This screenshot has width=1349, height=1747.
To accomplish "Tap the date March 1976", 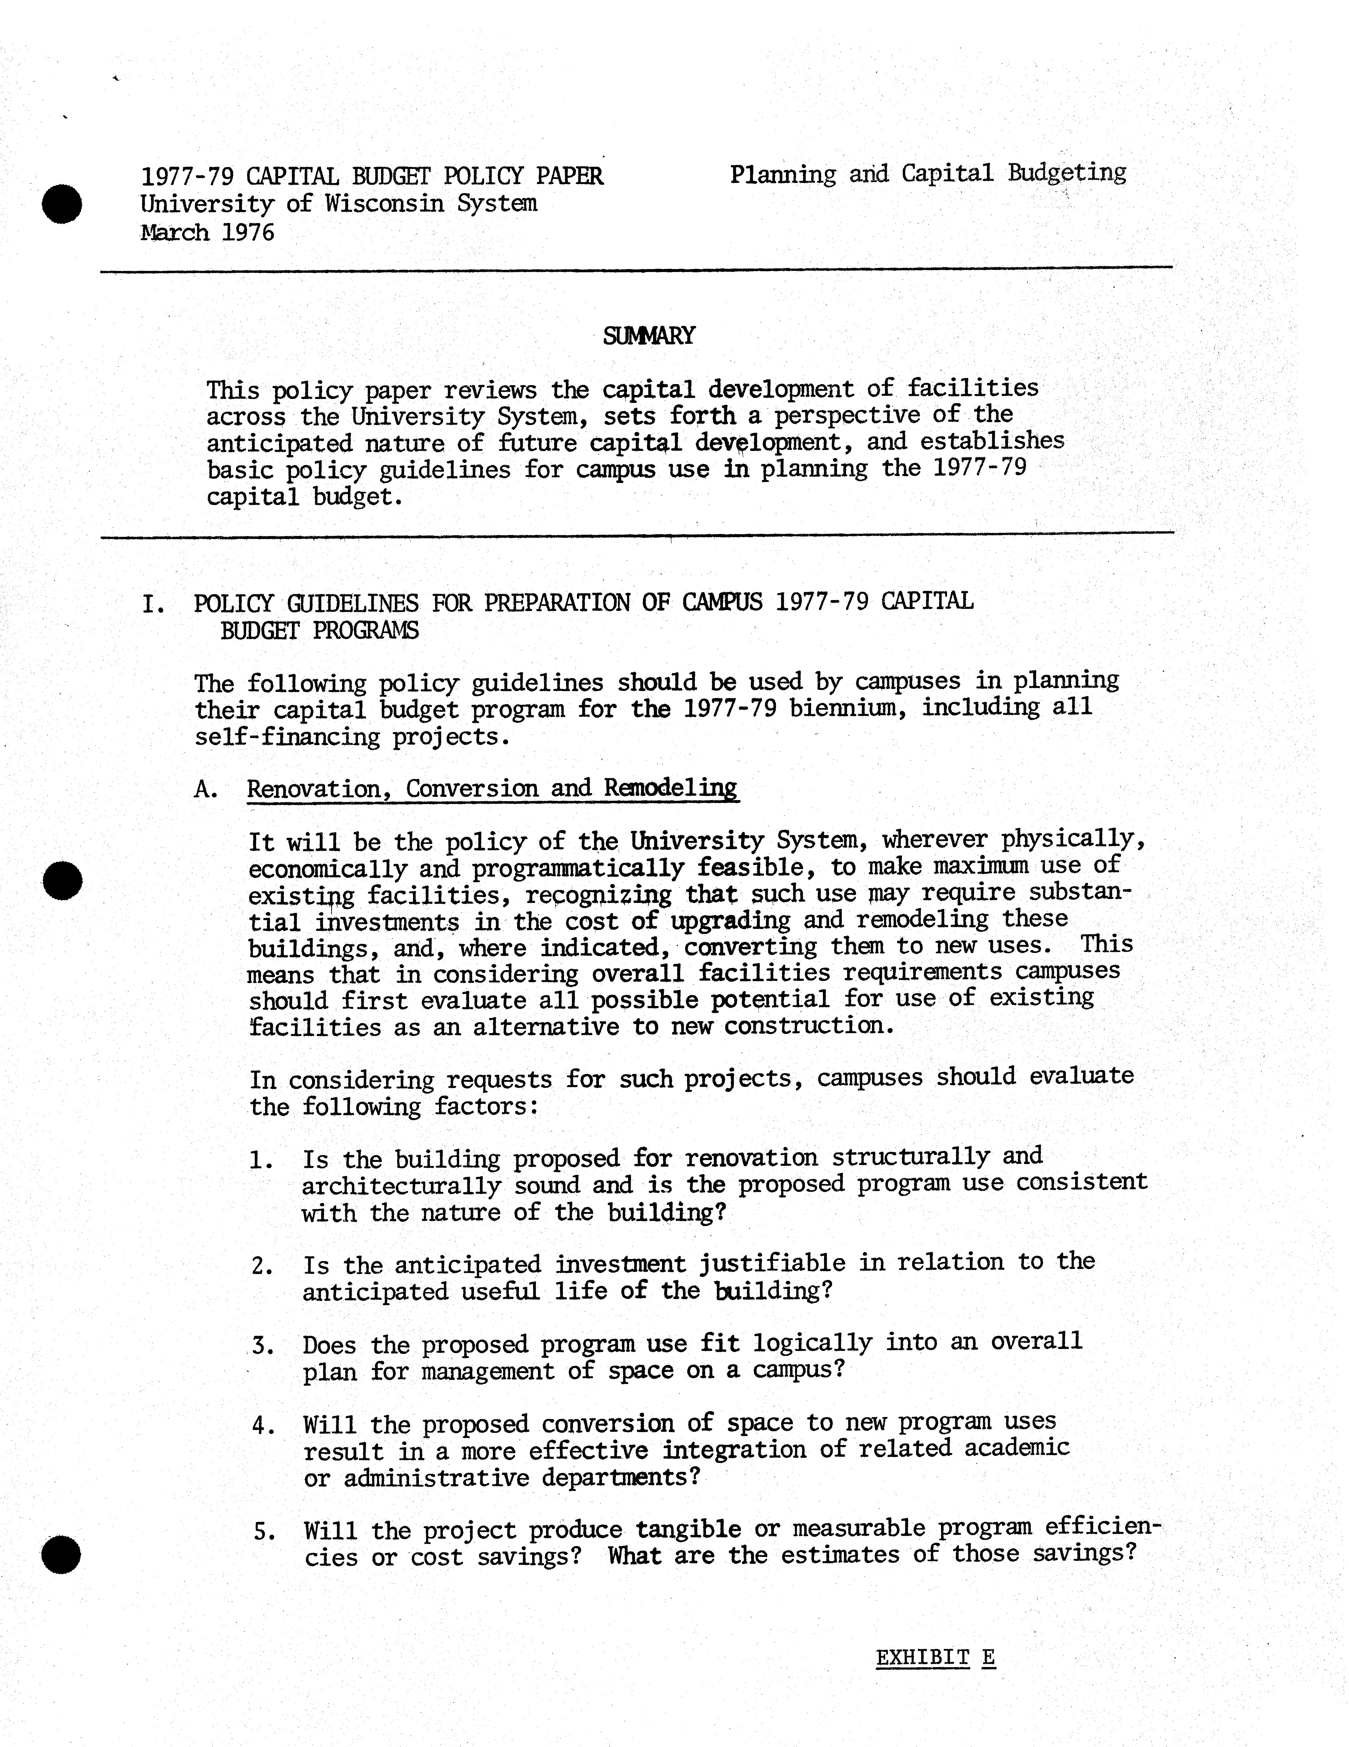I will pos(207,233).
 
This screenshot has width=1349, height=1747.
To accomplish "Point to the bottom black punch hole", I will pos(62,1554).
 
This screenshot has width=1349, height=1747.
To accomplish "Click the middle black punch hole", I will pos(62,880).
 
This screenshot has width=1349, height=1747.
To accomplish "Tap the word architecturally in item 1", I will pos(402,1186).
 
